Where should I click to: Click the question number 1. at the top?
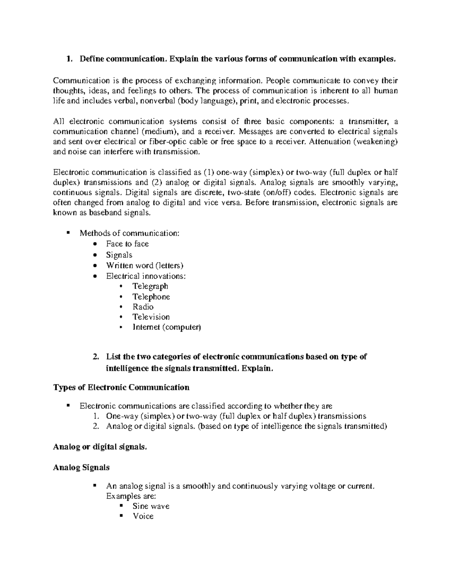coord(68,59)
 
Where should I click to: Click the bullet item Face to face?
coord(127,244)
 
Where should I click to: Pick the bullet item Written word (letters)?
coord(144,265)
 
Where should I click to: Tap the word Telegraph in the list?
coord(150,286)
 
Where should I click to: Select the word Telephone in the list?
coord(151,297)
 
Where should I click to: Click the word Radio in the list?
coord(143,307)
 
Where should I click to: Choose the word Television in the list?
coord(151,317)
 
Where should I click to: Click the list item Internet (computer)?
coord(166,327)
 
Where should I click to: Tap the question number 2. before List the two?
coord(96,357)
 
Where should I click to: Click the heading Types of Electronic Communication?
coord(121,387)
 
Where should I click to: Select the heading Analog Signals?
coord(81,468)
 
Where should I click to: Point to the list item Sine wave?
coord(151,506)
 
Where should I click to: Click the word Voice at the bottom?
coord(143,516)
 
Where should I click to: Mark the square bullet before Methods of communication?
coord(68,233)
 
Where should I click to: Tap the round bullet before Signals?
coord(97,255)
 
